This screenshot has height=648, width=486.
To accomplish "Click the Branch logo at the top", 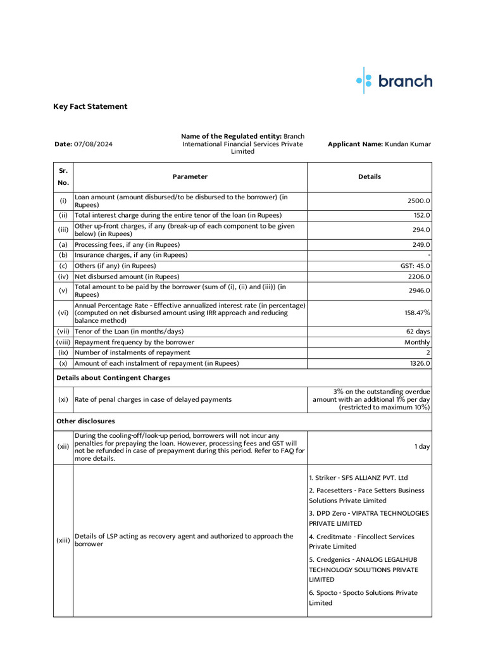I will click(x=394, y=81).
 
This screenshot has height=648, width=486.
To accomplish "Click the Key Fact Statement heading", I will click(x=90, y=106).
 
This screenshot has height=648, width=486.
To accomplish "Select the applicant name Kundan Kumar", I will click(x=407, y=144).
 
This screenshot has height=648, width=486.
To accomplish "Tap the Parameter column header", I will click(x=190, y=177).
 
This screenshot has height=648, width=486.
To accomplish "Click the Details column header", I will click(x=370, y=177).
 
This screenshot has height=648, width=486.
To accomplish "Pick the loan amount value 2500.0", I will click(x=418, y=201).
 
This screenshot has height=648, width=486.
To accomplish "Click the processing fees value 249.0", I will click(x=420, y=244).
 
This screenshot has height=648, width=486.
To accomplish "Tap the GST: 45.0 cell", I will click(x=415, y=266).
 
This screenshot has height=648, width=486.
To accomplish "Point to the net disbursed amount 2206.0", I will click(x=418, y=277).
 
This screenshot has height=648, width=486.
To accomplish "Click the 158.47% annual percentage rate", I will click(x=417, y=313).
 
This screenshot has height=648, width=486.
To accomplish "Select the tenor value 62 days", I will click(x=418, y=331).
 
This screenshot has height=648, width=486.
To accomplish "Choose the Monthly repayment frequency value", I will click(x=417, y=342).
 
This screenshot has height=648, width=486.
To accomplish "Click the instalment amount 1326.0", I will click(x=418, y=363).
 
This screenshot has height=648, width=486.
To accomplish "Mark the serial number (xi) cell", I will click(x=63, y=399).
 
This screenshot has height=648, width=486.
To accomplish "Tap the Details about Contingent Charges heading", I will click(x=113, y=378).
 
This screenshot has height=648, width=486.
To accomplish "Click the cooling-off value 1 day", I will click(x=422, y=446).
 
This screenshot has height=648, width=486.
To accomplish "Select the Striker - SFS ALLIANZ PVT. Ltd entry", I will click(x=358, y=477).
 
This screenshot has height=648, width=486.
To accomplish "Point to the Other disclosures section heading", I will click(x=85, y=421).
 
